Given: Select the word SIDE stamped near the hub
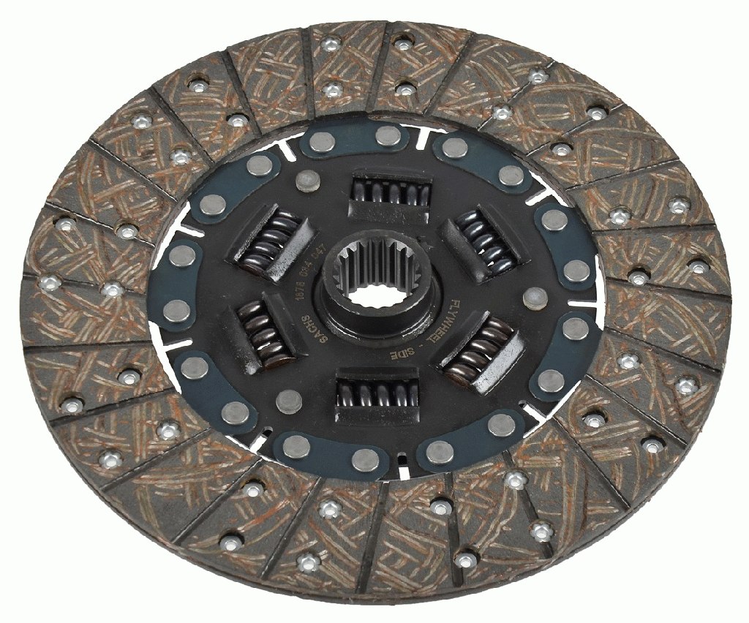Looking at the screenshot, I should tap(402, 352).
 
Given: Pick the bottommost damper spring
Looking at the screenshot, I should tap(376, 396).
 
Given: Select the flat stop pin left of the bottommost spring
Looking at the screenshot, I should tap(290, 399).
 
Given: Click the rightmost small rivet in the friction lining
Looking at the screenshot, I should tap(699, 268).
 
